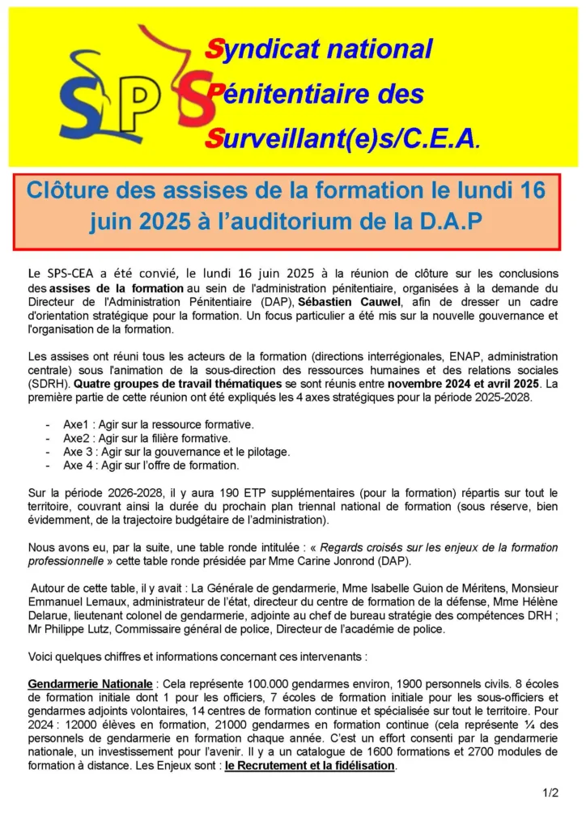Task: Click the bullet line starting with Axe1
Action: (159, 424)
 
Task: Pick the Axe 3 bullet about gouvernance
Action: (176, 452)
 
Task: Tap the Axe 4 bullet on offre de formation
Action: (151, 466)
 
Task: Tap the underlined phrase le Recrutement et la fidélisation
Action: (310, 766)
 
